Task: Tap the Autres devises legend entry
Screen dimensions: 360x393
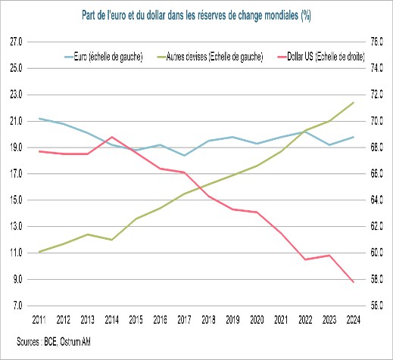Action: coord(209,57)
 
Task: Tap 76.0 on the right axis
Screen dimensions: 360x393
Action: coord(374,42)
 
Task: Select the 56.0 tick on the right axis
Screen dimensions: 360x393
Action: coord(374,306)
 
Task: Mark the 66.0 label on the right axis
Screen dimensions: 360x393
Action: coord(374,174)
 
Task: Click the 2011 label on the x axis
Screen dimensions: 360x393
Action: coord(39,321)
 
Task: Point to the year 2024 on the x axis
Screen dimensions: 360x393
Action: coord(353,321)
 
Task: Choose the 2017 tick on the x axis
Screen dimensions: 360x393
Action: coord(184,321)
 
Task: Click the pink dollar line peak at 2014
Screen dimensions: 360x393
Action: coord(112,137)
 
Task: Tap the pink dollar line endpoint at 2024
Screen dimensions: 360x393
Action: coord(353,282)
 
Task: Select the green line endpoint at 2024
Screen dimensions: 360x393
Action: coord(353,102)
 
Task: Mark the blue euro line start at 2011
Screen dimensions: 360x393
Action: coord(39,119)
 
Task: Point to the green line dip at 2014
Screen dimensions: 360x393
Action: coord(112,240)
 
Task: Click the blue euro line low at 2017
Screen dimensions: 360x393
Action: coord(184,156)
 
